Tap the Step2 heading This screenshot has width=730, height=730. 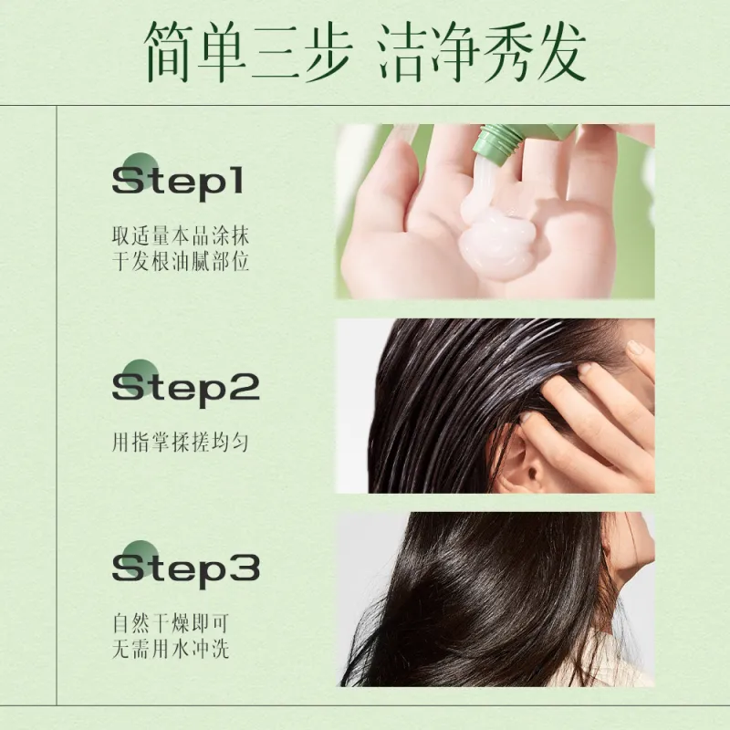click(186, 388)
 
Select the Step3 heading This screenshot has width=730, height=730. click(186, 568)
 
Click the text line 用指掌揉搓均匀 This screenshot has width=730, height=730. click(180, 442)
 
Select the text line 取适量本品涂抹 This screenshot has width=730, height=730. click(181, 235)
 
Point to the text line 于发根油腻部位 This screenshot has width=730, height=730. click(181, 261)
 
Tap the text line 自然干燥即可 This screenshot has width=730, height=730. click(171, 623)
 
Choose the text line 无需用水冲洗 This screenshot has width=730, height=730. click(171, 649)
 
